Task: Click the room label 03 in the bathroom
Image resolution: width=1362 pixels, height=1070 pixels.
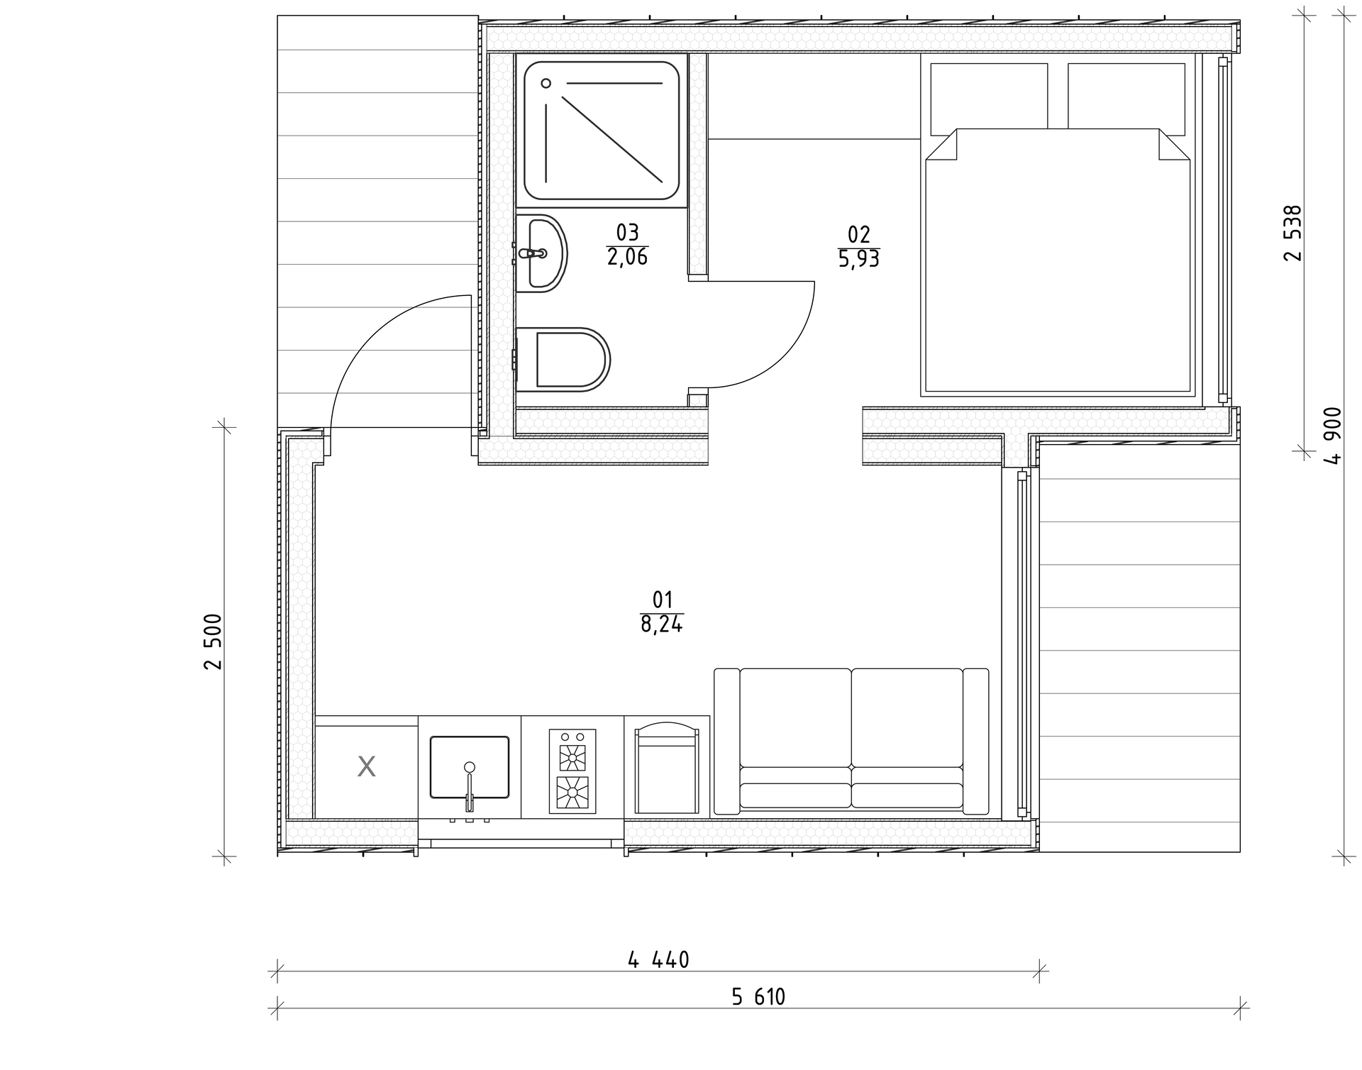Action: (627, 232)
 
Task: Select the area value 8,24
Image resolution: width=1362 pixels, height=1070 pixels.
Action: (662, 624)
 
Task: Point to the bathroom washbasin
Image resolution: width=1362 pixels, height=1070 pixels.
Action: (541, 253)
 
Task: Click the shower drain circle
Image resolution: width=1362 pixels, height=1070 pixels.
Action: (546, 83)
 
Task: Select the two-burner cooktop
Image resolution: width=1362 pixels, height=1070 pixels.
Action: (572, 771)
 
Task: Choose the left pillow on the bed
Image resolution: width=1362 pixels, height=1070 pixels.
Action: (989, 96)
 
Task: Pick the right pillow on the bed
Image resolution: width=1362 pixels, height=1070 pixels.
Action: (1126, 96)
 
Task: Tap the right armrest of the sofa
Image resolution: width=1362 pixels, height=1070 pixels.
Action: (976, 741)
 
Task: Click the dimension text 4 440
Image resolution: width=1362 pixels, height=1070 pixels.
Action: (658, 960)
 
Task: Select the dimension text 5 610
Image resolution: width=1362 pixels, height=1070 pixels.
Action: (758, 997)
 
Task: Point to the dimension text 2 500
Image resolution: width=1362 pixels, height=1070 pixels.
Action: (213, 641)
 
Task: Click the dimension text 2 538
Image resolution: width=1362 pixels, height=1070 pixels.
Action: (1293, 233)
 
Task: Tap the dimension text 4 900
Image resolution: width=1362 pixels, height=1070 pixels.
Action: (1333, 436)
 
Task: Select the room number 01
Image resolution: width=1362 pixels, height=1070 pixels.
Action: (662, 600)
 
